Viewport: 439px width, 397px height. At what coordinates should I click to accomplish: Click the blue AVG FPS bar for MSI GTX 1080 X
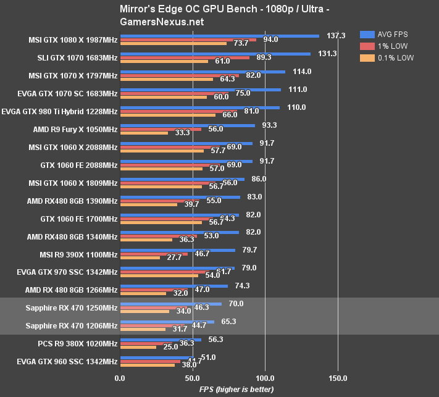click(x=219, y=36)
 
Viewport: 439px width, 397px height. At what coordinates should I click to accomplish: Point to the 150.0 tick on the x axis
click(x=338, y=378)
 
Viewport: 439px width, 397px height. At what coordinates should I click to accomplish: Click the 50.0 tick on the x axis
click(x=193, y=378)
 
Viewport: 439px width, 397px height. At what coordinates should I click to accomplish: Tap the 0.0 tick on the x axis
click(x=120, y=378)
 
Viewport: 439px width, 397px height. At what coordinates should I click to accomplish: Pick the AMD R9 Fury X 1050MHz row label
click(x=75, y=130)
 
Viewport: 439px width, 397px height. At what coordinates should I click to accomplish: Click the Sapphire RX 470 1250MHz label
click(x=72, y=307)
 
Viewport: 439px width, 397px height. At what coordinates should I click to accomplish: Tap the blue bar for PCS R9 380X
click(x=161, y=340)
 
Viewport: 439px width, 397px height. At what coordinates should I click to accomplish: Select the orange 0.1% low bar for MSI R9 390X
click(x=140, y=257)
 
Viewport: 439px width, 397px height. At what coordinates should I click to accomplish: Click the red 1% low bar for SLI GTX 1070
click(x=185, y=57)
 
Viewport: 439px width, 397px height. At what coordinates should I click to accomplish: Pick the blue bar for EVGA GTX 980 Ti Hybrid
click(x=199, y=107)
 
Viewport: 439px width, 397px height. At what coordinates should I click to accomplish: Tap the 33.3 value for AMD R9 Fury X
click(x=182, y=133)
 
